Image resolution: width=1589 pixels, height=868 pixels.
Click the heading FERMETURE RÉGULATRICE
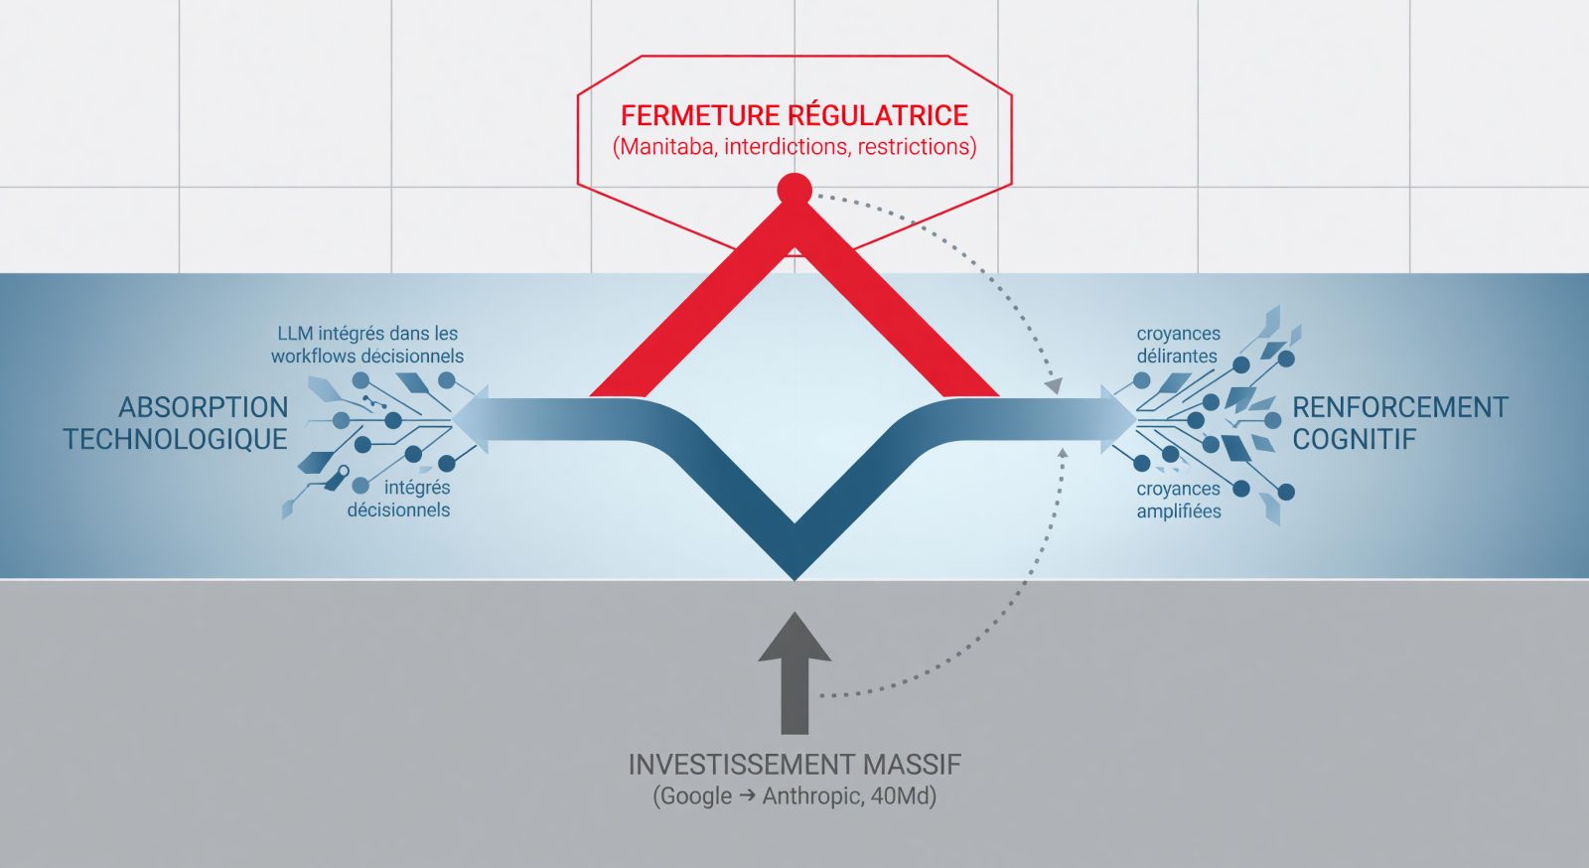click(794, 115)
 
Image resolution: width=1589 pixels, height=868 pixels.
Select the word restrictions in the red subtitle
click(914, 147)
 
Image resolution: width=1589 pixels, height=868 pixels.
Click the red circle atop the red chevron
click(794, 190)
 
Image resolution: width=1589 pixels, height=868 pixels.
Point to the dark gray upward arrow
click(794, 673)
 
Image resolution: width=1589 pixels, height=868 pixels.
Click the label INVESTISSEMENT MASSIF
click(794, 765)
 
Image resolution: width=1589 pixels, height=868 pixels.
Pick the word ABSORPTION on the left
click(204, 408)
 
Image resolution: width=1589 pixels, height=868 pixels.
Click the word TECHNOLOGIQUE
click(175, 440)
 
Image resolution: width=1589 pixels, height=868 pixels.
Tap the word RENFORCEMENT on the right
click(1400, 408)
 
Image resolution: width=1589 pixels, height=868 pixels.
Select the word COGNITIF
click(1355, 440)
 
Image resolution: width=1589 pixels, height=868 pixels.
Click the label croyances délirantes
click(1178, 345)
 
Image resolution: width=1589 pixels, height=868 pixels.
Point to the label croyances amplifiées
click(1178, 500)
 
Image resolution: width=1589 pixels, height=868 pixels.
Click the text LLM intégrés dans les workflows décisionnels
click(367, 345)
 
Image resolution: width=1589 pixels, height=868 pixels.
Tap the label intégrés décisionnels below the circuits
click(398, 499)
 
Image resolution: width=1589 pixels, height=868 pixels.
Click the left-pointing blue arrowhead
click(471, 419)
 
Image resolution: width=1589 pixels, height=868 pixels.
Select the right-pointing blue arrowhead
click(1118, 419)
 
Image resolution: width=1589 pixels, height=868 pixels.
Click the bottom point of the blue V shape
click(794, 579)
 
